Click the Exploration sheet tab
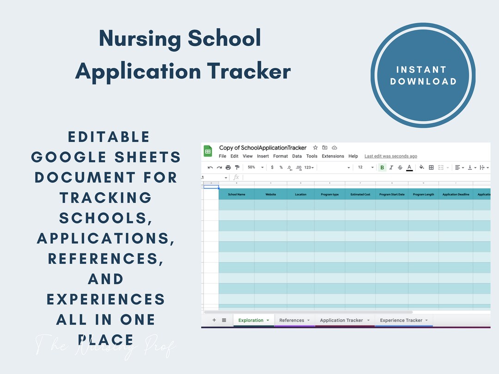point(251,320)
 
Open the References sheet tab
point(292,320)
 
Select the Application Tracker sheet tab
point(341,320)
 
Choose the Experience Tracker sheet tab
point(401,320)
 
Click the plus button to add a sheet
point(214,320)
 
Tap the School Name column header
point(237,194)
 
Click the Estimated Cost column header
point(360,194)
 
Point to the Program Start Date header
point(392,194)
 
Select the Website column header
point(271,194)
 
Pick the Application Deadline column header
point(456,194)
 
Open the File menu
point(222,156)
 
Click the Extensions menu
point(333,156)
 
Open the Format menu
point(280,156)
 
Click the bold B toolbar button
point(382,167)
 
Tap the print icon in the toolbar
point(228,167)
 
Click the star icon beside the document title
point(316,148)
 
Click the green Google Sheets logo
point(208,151)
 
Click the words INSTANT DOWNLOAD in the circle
point(423,76)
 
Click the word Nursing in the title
point(140,39)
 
